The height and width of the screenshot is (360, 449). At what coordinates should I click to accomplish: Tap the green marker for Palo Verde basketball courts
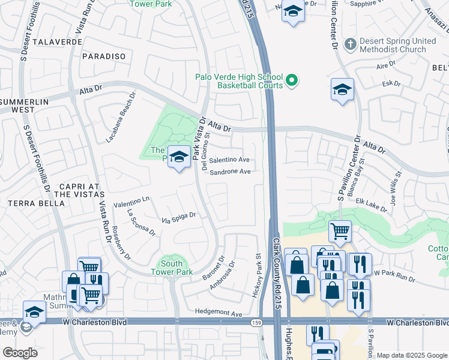292,80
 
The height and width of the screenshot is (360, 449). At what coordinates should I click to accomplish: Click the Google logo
20,353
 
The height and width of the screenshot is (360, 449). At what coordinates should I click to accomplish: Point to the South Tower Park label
172,268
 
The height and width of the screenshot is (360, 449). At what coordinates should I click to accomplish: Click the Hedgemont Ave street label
218,313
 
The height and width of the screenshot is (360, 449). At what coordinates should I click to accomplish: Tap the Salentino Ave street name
229,160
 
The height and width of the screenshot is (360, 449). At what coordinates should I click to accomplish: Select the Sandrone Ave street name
229,172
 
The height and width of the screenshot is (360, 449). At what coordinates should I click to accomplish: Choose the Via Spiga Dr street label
178,219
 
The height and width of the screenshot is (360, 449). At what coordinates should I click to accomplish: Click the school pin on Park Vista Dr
178,157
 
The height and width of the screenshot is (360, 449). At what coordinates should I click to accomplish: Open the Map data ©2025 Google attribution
412,355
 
